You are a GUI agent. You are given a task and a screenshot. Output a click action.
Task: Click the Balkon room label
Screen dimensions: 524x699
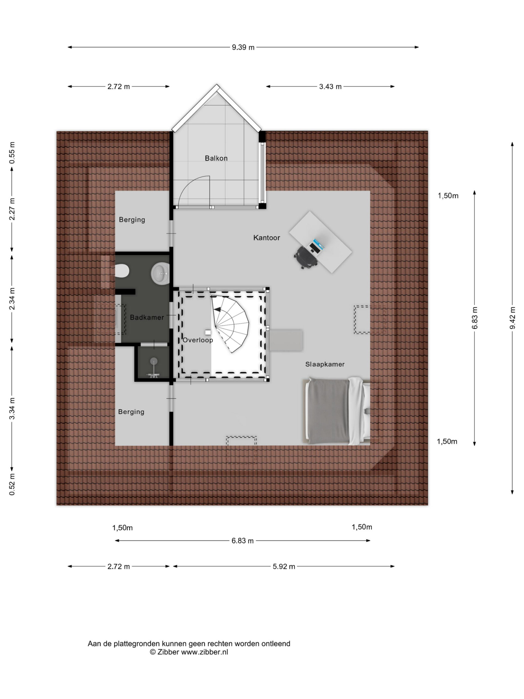point(216,158)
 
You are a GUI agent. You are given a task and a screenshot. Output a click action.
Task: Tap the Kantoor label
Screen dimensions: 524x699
point(267,238)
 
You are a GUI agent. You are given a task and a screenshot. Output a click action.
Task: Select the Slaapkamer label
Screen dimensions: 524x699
point(325,364)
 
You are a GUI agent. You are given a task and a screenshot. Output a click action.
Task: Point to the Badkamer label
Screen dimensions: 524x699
point(147,317)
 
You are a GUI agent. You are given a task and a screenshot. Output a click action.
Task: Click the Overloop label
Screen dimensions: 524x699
point(198,340)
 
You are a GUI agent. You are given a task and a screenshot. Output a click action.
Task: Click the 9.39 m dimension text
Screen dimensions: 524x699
point(243,48)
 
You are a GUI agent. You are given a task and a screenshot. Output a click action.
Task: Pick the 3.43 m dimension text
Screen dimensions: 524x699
point(330,87)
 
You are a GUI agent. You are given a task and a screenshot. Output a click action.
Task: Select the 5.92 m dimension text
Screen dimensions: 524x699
point(284,567)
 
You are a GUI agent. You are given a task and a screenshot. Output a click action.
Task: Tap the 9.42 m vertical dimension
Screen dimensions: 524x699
point(512,318)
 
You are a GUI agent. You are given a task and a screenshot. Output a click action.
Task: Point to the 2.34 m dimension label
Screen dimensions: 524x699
point(12,299)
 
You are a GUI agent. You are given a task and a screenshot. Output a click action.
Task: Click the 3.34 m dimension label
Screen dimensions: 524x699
point(12,408)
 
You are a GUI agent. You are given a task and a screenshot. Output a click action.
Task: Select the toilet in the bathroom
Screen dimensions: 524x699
point(122,271)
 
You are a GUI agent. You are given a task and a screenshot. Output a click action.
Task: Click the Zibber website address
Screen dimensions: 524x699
point(204,652)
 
